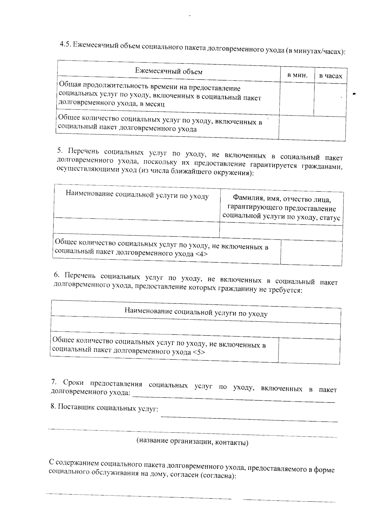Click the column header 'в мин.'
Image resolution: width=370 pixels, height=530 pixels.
[297, 75]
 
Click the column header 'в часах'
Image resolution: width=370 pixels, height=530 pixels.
[331, 76]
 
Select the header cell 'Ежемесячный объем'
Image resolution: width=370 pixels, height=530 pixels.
[169, 72]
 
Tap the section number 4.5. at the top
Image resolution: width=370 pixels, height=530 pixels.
[66, 44]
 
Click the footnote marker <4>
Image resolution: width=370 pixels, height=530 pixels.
[201, 254]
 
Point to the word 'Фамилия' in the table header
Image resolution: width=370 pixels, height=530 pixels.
[246, 197]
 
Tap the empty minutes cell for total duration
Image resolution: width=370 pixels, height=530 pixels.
[297, 99]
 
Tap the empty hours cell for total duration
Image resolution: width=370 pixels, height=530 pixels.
[330, 100]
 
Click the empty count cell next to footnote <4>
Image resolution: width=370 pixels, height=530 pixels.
[311, 253]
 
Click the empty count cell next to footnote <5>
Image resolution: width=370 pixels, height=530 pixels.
[309, 351]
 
